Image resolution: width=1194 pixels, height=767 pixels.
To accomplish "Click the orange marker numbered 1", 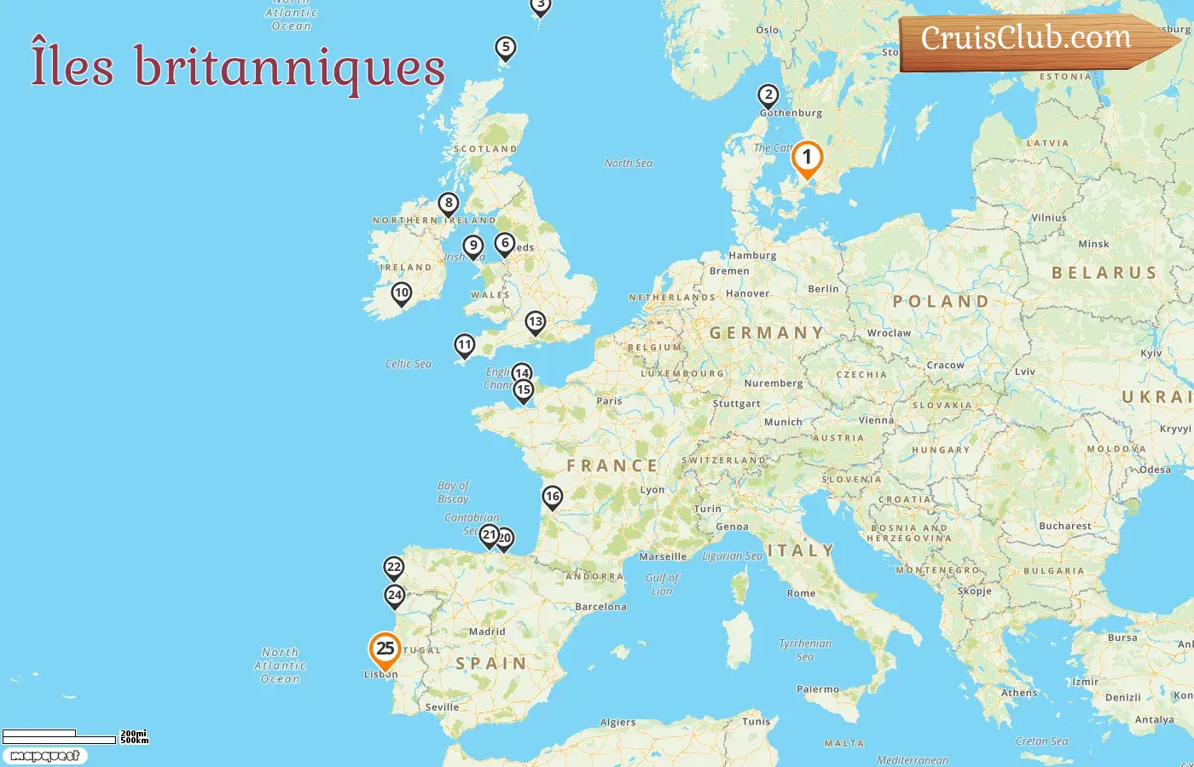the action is [807, 159].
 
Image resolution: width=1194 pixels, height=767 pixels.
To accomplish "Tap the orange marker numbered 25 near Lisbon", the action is [385, 649].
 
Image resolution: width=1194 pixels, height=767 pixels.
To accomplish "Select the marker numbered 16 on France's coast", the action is [553, 497].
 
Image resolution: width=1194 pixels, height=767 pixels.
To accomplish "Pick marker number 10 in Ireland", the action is [402, 293].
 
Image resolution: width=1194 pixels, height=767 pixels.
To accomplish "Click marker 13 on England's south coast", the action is [535, 322].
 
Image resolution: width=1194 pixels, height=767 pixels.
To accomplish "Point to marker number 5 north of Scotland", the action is [506, 48].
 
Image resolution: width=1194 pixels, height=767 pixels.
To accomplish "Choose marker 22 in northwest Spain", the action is [393, 568].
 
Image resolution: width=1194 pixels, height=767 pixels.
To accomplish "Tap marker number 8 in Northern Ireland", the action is [449, 204].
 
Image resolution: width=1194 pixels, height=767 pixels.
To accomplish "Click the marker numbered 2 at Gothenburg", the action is [768, 95].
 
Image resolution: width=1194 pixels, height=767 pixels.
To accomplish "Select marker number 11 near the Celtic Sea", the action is [464, 345].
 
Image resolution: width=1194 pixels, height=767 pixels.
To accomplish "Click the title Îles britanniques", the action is [238, 66].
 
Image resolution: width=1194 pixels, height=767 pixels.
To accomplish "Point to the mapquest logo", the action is [44, 756].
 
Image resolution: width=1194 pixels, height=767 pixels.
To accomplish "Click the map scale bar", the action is [60, 736].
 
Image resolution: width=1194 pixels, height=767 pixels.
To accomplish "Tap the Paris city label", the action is [609, 401].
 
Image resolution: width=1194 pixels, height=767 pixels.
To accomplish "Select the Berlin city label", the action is [823, 289].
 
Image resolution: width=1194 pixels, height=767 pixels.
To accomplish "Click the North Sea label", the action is [629, 163].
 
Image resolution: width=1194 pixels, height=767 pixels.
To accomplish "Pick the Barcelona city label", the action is [600, 607].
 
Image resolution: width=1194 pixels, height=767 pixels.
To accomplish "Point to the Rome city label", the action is [801, 593].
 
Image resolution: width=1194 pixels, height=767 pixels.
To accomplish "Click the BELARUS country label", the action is [1104, 273].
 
